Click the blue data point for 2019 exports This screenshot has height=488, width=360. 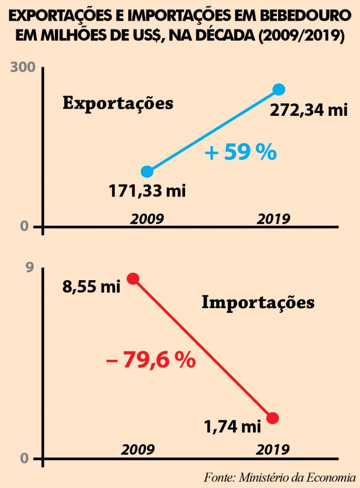[x=279, y=89]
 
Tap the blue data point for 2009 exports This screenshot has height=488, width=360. [x=147, y=172]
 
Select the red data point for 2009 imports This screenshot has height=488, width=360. [x=133, y=279]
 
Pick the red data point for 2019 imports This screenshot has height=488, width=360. [x=273, y=418]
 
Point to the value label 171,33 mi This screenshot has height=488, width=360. [x=147, y=191]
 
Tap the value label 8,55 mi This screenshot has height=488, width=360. [x=92, y=286]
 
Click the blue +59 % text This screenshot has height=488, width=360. [x=241, y=153]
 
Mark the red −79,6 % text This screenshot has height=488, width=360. [x=151, y=360]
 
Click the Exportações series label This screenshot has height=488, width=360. [x=118, y=103]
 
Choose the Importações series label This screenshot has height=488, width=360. [x=258, y=302]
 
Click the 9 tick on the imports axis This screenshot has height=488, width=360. [x=29, y=267]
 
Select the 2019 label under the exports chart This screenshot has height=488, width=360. [x=274, y=219]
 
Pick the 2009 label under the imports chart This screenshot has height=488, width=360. [x=138, y=449]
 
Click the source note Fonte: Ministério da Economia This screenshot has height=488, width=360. [x=279, y=476]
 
